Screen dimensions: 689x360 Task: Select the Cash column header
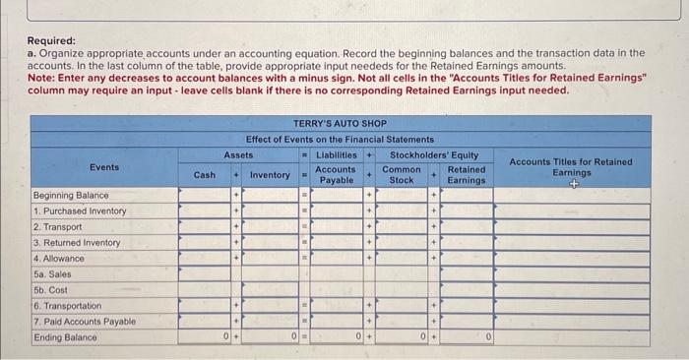coord(204,175)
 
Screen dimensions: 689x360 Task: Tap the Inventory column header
coord(270,175)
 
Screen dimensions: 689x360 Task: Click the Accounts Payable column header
coord(336,175)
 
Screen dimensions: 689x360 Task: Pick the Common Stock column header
coord(402,175)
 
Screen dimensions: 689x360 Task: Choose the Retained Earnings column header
coord(466,175)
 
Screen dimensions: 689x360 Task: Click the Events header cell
coord(103,167)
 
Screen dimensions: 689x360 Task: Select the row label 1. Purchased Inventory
coord(80,210)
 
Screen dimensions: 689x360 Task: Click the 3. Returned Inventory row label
coord(77,243)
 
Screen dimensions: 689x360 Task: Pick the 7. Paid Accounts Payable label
coord(84,322)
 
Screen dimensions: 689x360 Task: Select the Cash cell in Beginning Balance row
coord(204,195)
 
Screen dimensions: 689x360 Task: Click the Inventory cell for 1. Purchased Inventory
coord(270,210)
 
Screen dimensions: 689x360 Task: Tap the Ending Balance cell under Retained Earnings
coord(466,337)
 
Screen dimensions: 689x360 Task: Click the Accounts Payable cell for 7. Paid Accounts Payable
coord(336,322)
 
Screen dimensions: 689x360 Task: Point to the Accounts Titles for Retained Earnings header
coord(571,167)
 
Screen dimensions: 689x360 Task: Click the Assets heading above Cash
coord(238,154)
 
